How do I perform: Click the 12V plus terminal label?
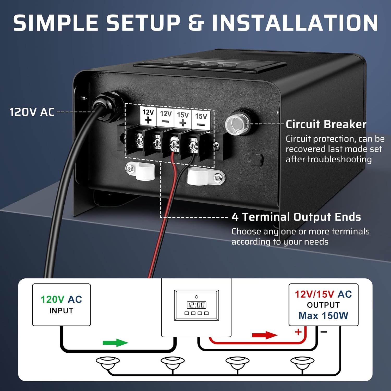click(x=148, y=116)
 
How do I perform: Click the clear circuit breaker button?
click(x=235, y=124)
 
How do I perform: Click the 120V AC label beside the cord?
click(x=32, y=112)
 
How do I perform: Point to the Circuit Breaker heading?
click(x=326, y=124)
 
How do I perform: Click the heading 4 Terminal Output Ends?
click(x=296, y=217)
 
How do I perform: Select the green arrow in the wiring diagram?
click(x=115, y=343)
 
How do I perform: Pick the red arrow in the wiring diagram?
click(x=265, y=335)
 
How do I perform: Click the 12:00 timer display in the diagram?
click(x=196, y=305)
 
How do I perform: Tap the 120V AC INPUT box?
click(x=62, y=304)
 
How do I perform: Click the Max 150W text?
click(x=323, y=316)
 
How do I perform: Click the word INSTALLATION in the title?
click(x=295, y=23)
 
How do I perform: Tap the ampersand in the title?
click(x=196, y=23)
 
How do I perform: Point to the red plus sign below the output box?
click(x=298, y=332)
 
